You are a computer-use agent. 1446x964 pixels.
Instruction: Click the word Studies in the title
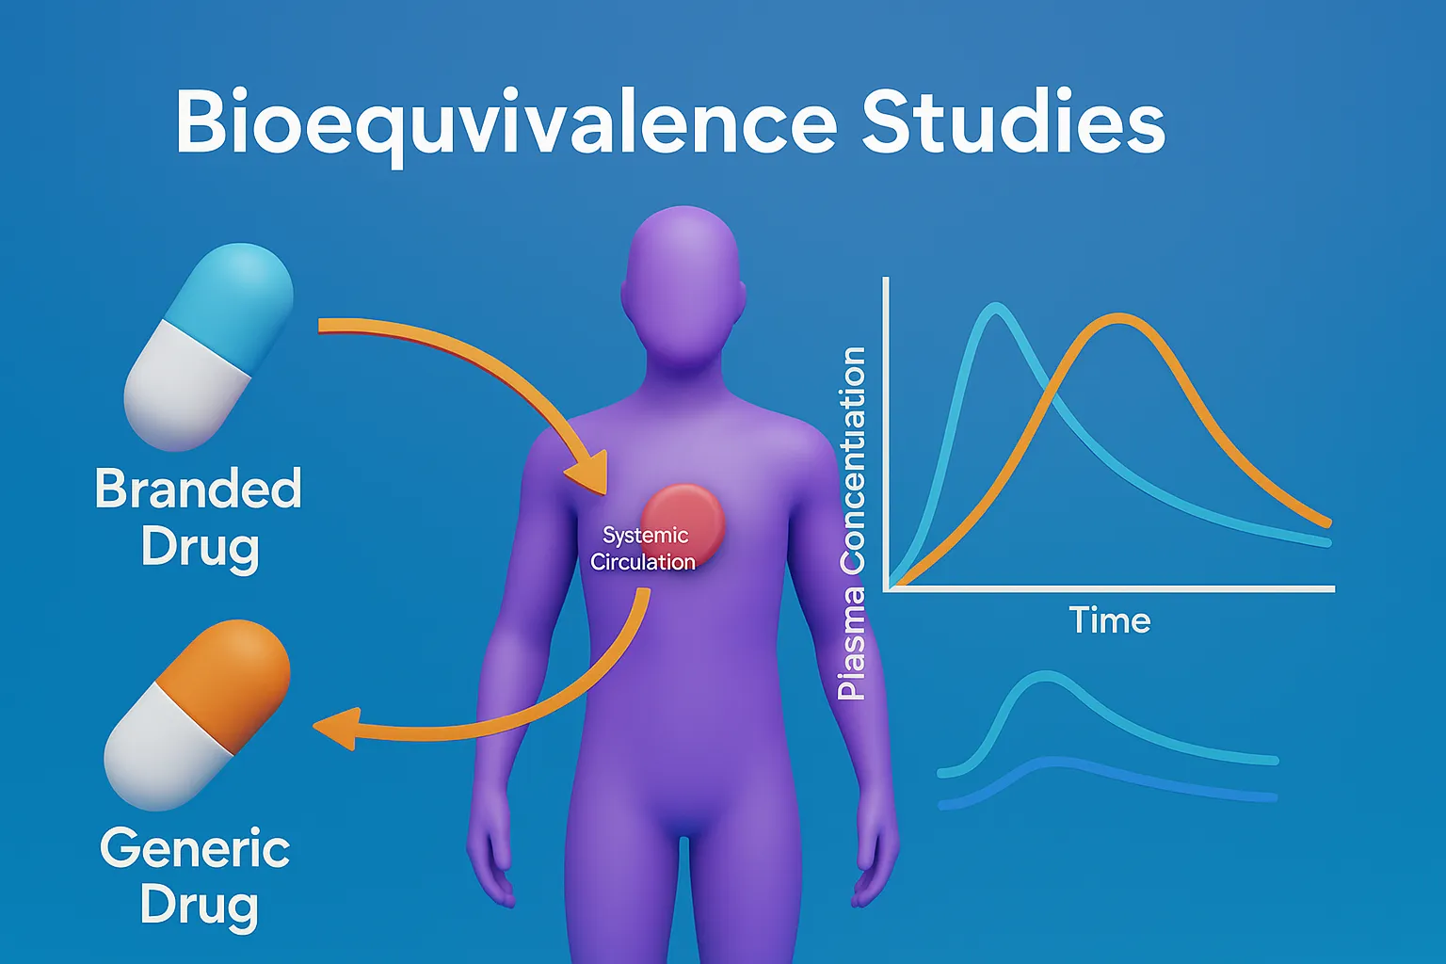coord(1013,122)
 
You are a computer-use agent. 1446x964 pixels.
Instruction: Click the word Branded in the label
coord(198,489)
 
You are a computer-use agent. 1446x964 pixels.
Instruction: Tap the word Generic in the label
coord(195,848)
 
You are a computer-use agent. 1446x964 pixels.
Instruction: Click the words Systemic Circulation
coord(644,549)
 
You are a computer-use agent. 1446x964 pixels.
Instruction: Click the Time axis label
coord(1109,620)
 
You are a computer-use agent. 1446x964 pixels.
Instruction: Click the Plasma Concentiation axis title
coord(852,522)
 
